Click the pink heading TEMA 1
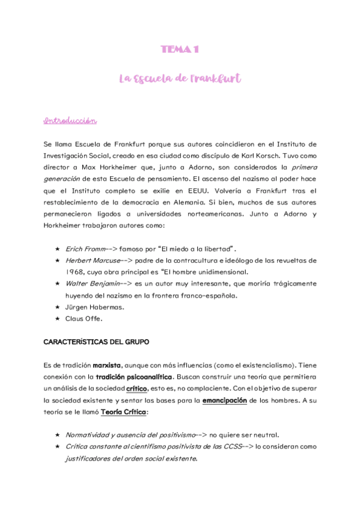(180, 50)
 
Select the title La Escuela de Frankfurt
(180, 78)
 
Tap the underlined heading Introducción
(70, 121)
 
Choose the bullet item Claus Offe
(84, 318)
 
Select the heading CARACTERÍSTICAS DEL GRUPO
(96, 342)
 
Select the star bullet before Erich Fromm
(57, 248)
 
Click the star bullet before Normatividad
(57, 435)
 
